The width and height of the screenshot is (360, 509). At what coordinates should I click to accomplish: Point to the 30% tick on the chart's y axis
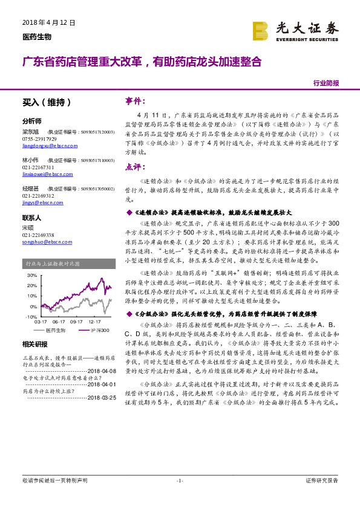(31, 274)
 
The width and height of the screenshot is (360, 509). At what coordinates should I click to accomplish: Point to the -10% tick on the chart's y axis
(30, 316)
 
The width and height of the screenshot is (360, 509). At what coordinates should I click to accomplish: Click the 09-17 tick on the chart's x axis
(76, 322)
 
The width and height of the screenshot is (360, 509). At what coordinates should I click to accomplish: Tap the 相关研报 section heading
(35, 344)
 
